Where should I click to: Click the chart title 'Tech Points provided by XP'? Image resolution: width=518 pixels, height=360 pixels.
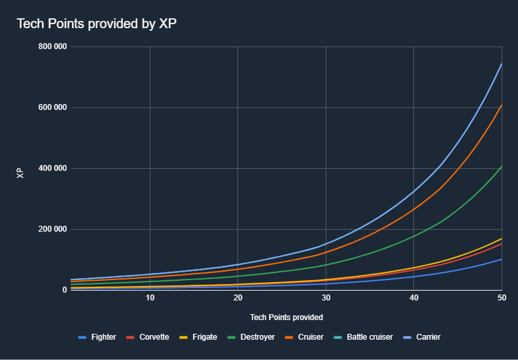pyautogui.click(x=96, y=24)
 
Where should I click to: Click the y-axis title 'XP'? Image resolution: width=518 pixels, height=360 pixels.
pyautogui.click(x=20, y=173)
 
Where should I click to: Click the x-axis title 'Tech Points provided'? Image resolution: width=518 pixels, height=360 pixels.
pyautogui.click(x=286, y=317)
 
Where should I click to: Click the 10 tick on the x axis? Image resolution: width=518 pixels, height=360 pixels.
pyautogui.click(x=150, y=298)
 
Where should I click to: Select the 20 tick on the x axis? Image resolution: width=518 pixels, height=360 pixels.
pyautogui.click(x=237, y=298)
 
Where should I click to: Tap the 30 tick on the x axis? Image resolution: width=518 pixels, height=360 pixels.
pyautogui.click(x=326, y=298)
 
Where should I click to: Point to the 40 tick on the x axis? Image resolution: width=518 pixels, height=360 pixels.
pyautogui.click(x=413, y=298)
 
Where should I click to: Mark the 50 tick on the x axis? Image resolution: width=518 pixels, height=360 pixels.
pyautogui.click(x=501, y=298)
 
